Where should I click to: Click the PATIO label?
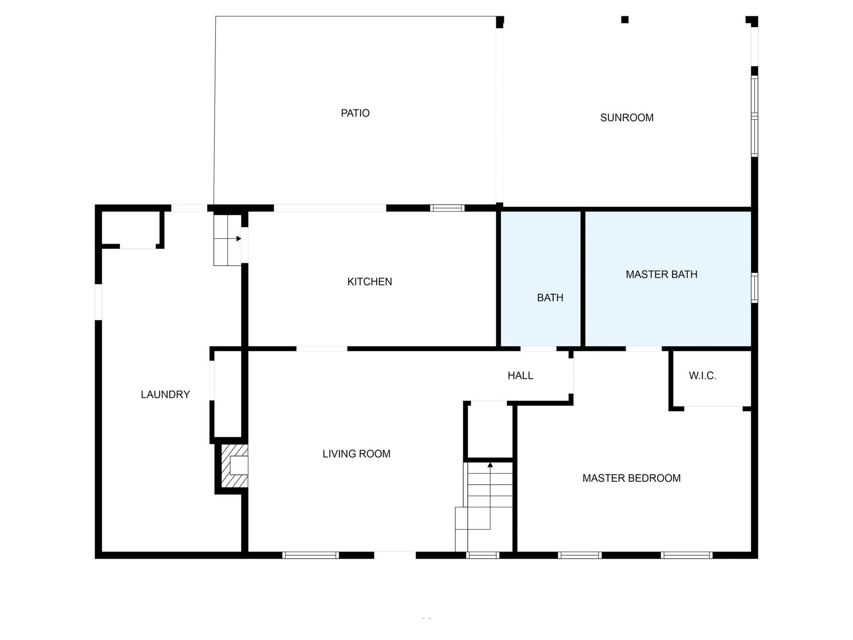355,113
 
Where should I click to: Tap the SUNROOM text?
626,118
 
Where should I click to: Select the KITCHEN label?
369,282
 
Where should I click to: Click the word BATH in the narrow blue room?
550,298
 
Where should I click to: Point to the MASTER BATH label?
661,275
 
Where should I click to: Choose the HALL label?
520,376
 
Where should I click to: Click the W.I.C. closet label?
702,376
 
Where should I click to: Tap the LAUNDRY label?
165,395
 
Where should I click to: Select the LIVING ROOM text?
356,454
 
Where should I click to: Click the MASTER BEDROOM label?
631,478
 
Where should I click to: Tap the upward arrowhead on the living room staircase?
490,465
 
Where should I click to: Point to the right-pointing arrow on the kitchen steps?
239,239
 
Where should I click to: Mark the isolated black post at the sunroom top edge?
625,20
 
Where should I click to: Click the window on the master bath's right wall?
754,288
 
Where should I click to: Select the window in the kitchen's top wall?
447,208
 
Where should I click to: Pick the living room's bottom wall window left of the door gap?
311,555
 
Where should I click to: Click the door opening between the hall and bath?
538,349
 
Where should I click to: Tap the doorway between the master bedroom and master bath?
643,349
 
